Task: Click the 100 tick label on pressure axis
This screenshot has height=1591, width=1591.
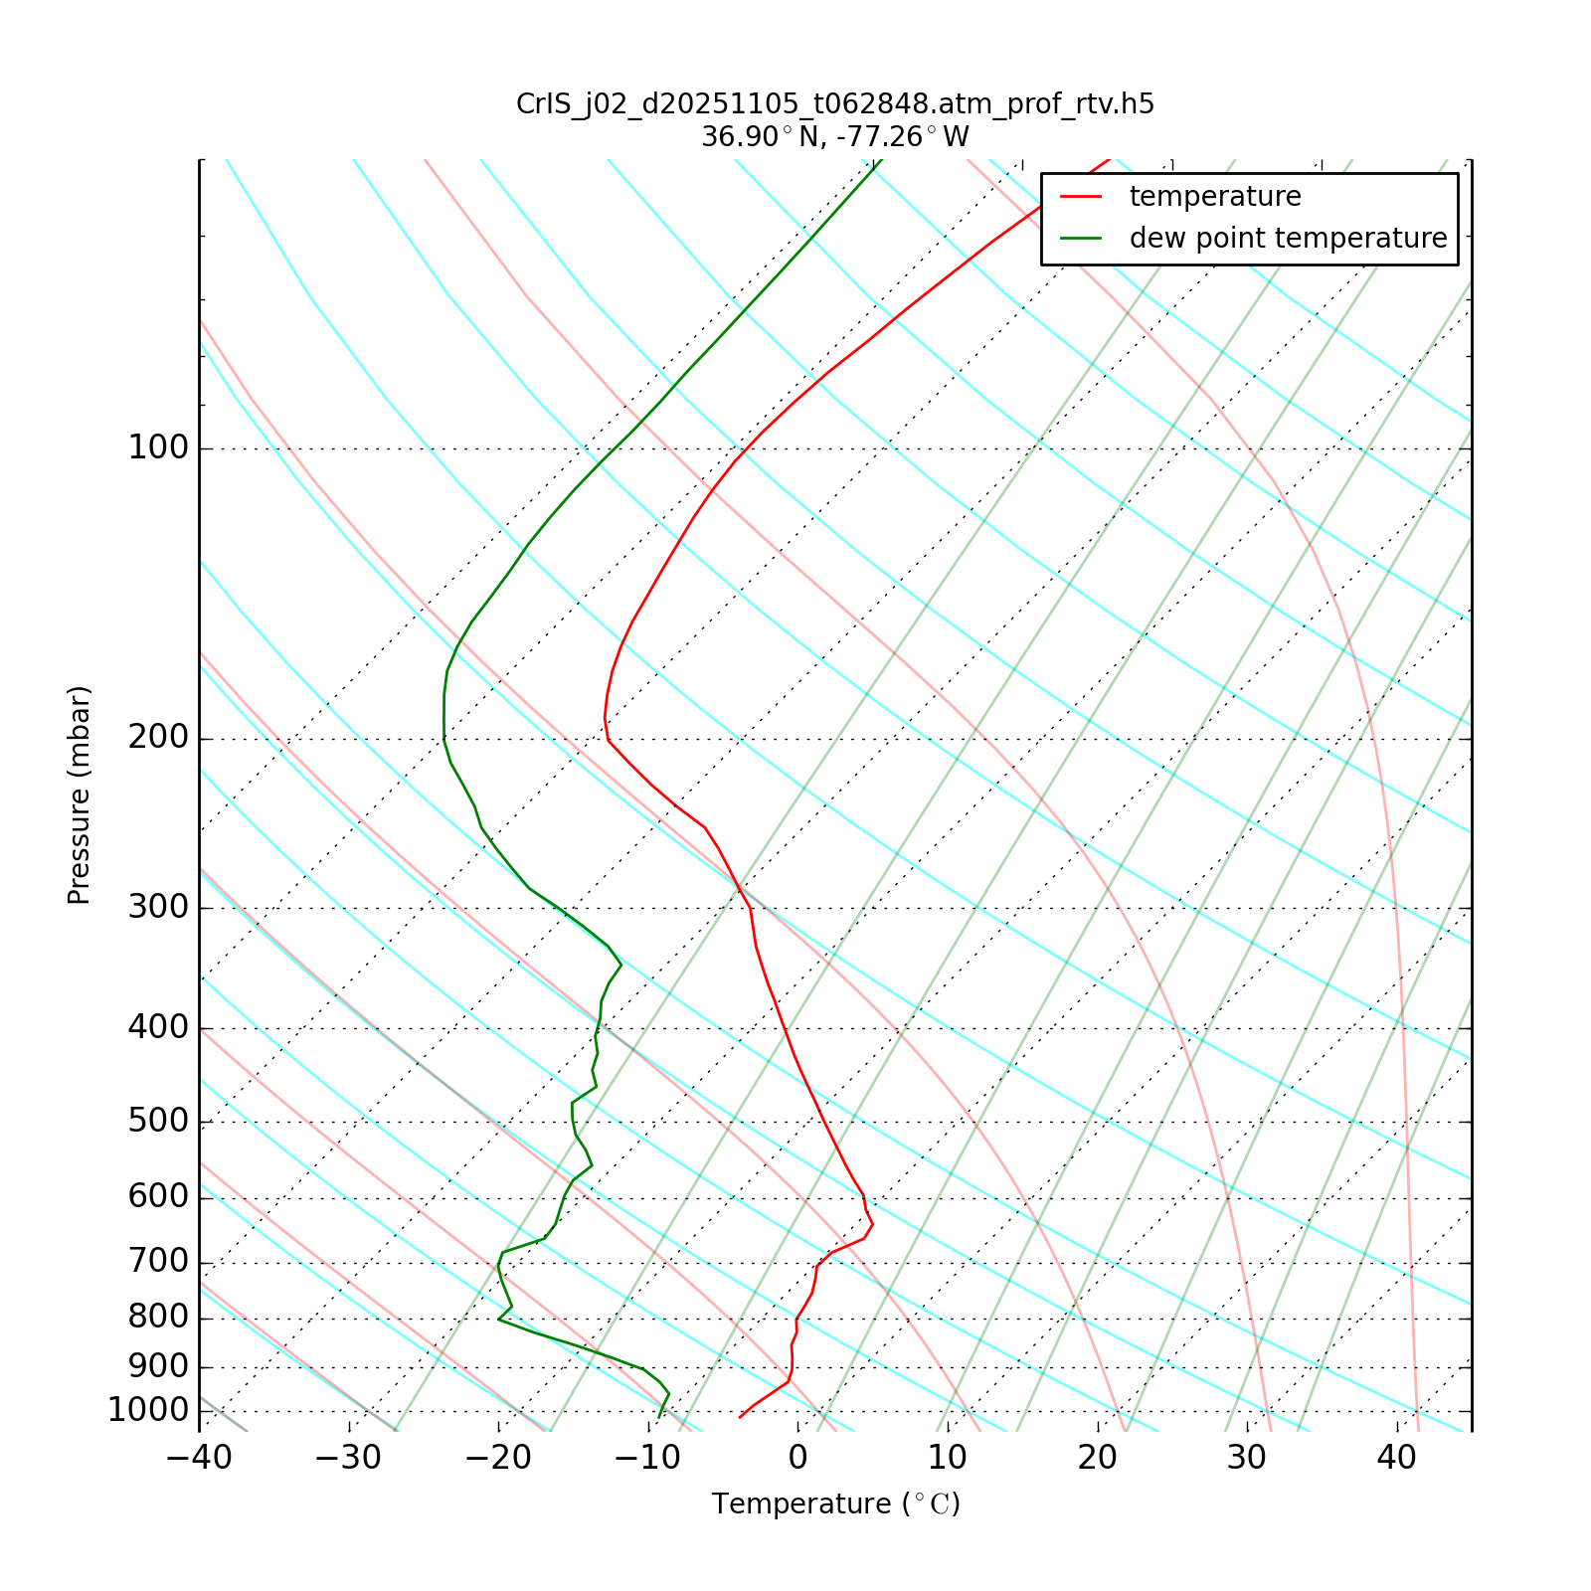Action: tap(158, 448)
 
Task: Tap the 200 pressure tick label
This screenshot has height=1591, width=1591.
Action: tap(158, 739)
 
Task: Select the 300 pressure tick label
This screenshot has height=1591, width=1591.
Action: tap(158, 908)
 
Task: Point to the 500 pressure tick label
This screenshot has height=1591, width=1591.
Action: tap(158, 1122)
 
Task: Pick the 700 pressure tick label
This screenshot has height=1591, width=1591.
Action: tap(158, 1263)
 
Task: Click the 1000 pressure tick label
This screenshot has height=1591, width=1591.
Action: tap(148, 1411)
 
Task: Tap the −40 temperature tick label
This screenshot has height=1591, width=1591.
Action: tap(199, 1458)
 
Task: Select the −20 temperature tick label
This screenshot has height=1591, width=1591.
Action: tap(498, 1458)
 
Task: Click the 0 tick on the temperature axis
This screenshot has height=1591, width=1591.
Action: tap(797, 1458)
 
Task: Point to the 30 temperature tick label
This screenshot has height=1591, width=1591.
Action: tap(1247, 1458)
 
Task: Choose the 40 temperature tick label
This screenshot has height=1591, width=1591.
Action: tap(1396, 1458)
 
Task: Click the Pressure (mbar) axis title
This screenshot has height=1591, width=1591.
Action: tap(80, 795)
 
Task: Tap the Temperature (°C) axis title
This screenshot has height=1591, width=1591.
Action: tap(835, 1503)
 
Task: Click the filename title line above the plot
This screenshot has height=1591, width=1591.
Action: tap(835, 104)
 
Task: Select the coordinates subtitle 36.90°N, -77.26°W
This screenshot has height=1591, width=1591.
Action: tap(835, 136)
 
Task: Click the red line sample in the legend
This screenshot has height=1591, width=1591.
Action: tap(1081, 197)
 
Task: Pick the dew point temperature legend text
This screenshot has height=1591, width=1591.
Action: tap(1288, 239)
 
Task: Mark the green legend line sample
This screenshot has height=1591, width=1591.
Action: tap(1081, 239)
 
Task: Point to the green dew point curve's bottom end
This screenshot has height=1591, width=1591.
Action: tap(659, 1417)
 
